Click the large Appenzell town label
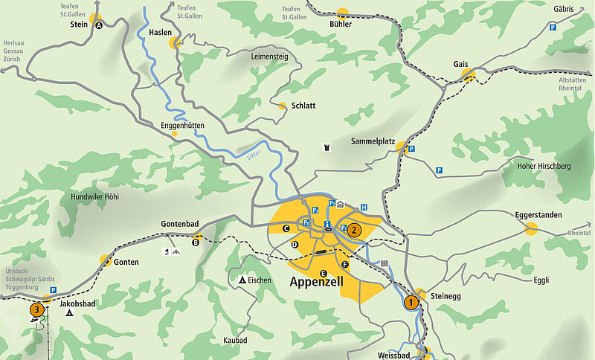(322, 283)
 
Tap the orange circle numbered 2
(354, 230)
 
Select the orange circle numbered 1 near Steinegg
(410, 302)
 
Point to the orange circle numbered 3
(36, 309)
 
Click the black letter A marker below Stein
(99, 25)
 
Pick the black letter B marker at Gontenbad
(196, 241)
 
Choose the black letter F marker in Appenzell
(344, 265)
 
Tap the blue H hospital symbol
(364, 207)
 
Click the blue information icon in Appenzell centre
(327, 224)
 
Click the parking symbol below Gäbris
(553, 28)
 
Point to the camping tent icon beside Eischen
(242, 280)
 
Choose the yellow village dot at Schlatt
(282, 106)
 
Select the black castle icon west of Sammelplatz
(327, 148)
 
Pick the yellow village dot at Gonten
(106, 260)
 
